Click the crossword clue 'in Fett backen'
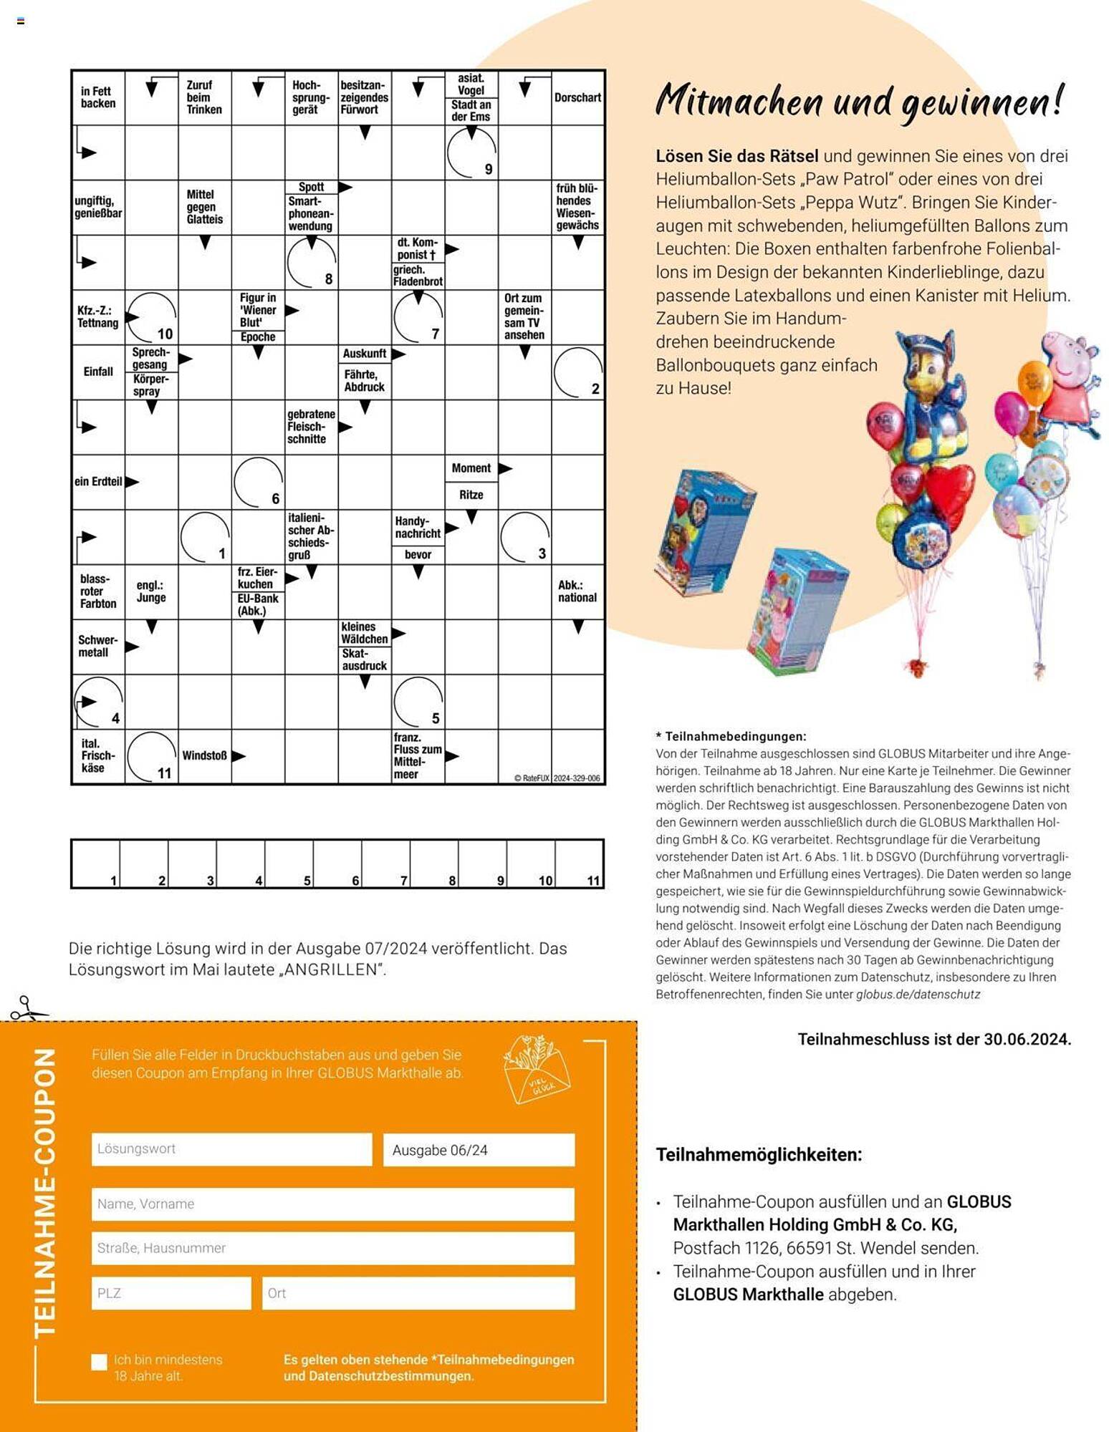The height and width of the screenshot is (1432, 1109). click(x=98, y=97)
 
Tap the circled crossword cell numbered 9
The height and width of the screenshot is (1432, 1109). click(x=471, y=153)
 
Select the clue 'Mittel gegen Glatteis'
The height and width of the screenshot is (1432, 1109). click(x=204, y=207)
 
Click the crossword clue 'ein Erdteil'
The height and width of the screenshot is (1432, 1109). click(x=98, y=482)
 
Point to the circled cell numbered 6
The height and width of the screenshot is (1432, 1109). click(x=258, y=482)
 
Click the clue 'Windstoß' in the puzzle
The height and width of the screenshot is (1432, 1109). click(x=204, y=756)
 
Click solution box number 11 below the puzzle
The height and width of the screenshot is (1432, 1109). click(x=579, y=863)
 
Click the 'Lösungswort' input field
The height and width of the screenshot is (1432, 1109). click(x=231, y=1149)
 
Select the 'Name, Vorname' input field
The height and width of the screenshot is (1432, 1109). click(x=332, y=1204)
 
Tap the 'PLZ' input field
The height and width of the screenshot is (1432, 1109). click(x=171, y=1294)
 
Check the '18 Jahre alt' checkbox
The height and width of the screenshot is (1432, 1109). click(x=100, y=1362)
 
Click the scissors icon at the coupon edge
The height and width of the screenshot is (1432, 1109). click(x=27, y=1009)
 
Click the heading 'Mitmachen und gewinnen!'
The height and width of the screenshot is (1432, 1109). click(x=860, y=101)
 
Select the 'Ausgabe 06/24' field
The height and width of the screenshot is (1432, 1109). click(x=479, y=1150)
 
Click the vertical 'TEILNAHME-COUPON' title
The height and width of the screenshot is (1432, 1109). click(x=45, y=1193)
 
